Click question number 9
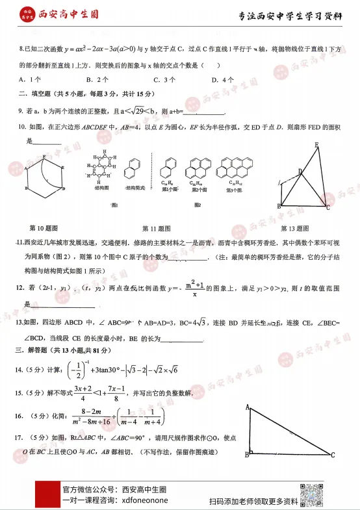pos(21,112)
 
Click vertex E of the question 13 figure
pos(317,145)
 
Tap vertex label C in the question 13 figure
pos(328,208)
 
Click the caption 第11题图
pos(156,229)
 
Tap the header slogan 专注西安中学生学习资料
pos(290,16)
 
